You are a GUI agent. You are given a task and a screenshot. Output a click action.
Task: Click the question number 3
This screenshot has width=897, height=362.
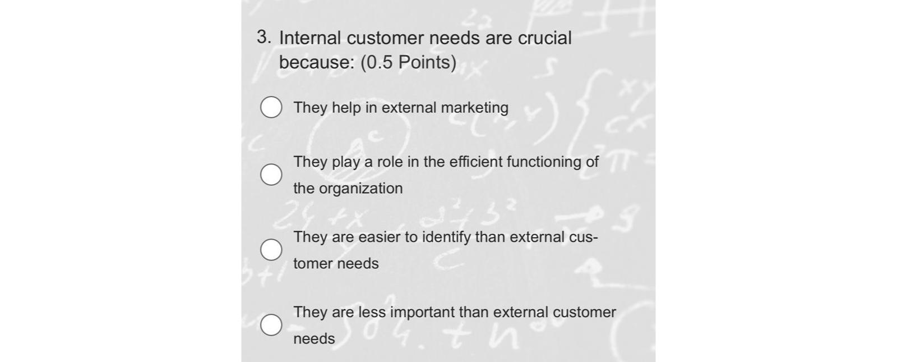[263, 38]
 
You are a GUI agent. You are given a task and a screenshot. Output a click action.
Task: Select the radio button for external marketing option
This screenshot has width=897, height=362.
[271, 107]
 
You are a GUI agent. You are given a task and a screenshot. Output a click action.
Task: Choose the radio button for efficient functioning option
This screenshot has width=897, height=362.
[271, 175]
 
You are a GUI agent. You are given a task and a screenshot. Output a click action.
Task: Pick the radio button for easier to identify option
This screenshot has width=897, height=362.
[271, 250]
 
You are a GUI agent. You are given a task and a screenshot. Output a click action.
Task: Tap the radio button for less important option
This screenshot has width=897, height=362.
[271, 325]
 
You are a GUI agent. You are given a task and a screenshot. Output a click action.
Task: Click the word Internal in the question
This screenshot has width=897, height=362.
[310, 38]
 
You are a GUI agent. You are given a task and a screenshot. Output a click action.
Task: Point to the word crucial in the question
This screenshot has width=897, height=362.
[544, 38]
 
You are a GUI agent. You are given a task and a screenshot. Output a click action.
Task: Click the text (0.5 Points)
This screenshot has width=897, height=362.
[408, 62]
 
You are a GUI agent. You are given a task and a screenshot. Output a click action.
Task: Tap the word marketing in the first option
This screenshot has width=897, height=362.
[475, 108]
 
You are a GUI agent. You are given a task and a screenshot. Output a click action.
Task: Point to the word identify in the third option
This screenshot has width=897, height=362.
[446, 237]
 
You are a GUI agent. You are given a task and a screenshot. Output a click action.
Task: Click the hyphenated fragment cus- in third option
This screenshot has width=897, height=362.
[584, 237]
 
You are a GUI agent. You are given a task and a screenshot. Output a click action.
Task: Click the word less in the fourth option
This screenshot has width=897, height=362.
[372, 312]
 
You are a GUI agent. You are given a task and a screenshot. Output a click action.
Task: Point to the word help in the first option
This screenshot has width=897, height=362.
[346, 108]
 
